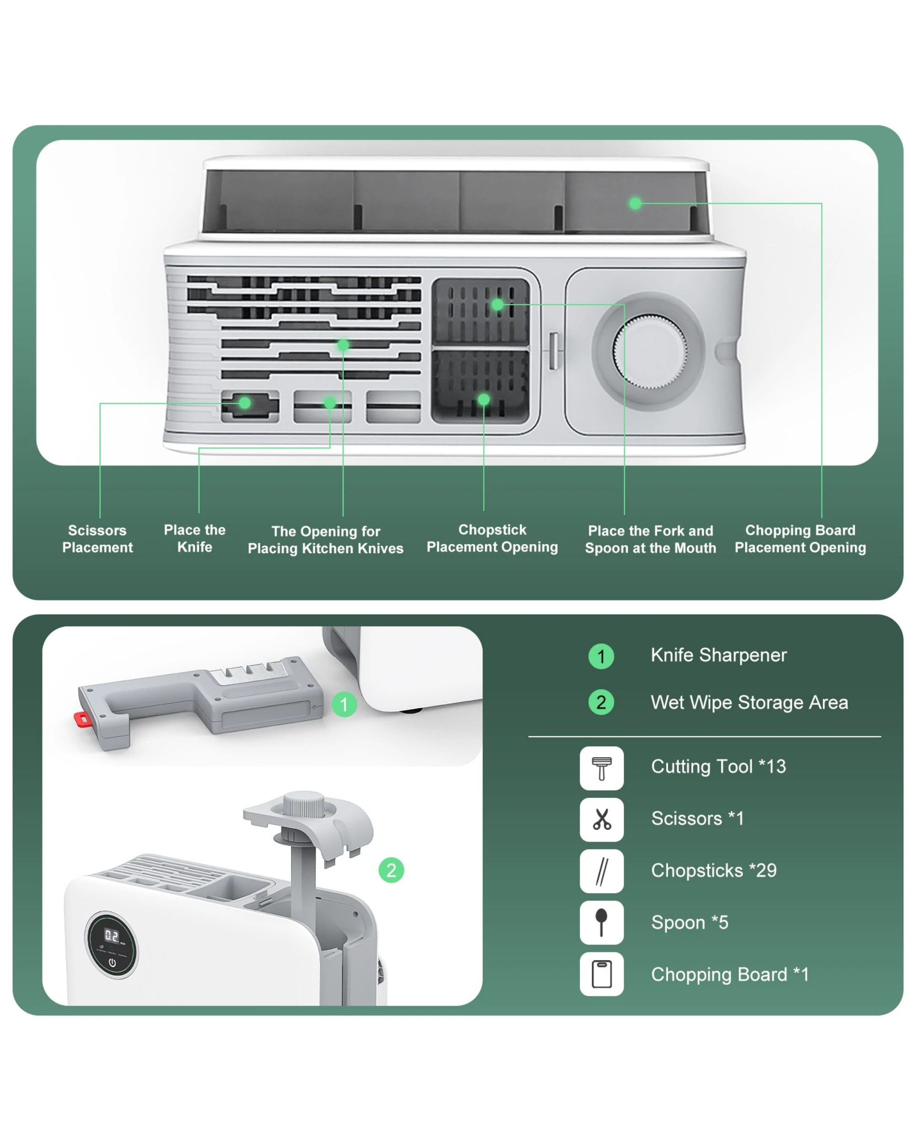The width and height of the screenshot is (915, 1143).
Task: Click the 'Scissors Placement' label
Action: (x=97, y=539)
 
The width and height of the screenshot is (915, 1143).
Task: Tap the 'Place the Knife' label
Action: (x=195, y=538)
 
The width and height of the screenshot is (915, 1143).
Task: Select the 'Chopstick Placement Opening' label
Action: (x=492, y=538)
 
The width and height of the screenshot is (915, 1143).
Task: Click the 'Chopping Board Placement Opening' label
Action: (x=800, y=539)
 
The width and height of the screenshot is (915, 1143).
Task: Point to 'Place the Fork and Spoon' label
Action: (x=650, y=539)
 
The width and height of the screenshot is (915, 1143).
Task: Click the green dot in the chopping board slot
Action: (x=635, y=203)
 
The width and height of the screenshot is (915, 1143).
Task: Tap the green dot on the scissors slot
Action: (x=244, y=403)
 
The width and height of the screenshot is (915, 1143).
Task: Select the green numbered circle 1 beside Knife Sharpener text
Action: (x=601, y=657)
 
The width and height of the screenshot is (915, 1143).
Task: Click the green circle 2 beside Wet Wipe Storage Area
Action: (x=601, y=702)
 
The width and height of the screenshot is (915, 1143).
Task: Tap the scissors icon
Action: (x=602, y=819)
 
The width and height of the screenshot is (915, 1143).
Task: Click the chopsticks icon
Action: (x=602, y=871)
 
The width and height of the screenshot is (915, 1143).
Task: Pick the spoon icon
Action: (x=602, y=923)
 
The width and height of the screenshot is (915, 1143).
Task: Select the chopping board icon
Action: (x=602, y=974)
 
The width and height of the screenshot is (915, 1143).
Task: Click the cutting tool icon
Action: (x=602, y=768)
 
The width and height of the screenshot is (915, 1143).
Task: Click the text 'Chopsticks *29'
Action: (x=713, y=871)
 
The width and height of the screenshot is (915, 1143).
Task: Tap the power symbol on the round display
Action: (x=112, y=962)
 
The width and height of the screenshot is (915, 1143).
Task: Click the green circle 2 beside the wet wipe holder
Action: (x=391, y=870)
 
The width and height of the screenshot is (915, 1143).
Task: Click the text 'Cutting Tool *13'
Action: (x=718, y=767)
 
